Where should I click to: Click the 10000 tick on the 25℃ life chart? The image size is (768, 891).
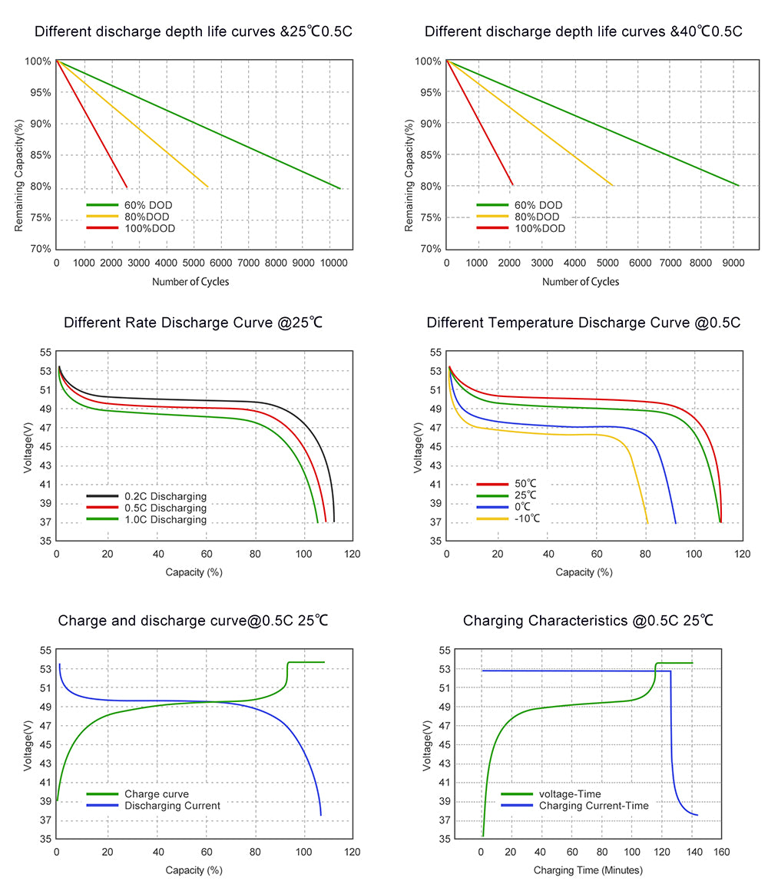pyautogui.click(x=330, y=263)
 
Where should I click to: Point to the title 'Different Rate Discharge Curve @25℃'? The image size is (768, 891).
pyautogui.click(x=193, y=323)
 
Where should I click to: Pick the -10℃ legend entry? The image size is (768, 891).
pyautogui.click(x=527, y=518)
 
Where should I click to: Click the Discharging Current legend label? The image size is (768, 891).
pyautogui.click(x=172, y=806)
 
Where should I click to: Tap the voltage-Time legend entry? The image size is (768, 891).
pyautogui.click(x=570, y=794)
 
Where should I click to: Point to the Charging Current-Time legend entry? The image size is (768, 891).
pyautogui.click(x=594, y=806)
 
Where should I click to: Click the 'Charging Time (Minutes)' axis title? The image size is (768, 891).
pyautogui.click(x=588, y=871)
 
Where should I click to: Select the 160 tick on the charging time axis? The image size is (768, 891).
pyautogui.click(x=721, y=853)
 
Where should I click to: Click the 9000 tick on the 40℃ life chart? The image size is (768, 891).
pyautogui.click(x=732, y=263)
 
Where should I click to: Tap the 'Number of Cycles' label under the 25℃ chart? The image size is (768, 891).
pyautogui.click(x=190, y=282)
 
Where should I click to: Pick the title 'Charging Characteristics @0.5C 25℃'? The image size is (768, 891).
pyautogui.click(x=588, y=621)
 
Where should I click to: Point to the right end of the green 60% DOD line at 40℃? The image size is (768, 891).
pyautogui.click(x=738, y=185)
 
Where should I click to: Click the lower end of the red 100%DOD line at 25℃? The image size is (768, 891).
pyautogui.click(x=127, y=187)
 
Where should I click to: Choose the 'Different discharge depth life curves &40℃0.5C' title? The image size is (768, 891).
pyautogui.click(x=583, y=32)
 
